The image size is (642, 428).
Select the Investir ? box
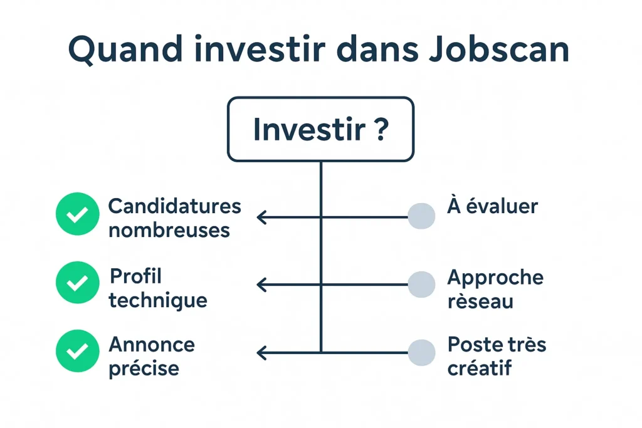click(320, 129)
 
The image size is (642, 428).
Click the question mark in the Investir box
click(379, 130)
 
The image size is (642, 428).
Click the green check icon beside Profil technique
click(77, 284)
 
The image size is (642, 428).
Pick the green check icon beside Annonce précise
click(77, 352)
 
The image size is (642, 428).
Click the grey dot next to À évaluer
click(421, 216)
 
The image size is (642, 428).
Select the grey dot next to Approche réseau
click(421, 284)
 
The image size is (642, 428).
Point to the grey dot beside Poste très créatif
click(421, 352)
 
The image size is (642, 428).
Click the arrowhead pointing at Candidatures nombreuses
click(261, 217)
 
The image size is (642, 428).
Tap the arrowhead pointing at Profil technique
click(261, 285)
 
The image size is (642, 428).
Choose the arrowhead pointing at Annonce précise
click(261, 353)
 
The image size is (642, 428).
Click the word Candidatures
click(174, 206)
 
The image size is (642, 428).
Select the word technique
click(157, 301)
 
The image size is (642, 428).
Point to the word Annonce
click(152, 344)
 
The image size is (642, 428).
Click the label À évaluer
click(492, 206)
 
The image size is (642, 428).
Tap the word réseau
click(480, 301)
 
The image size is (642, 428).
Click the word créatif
click(480, 368)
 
